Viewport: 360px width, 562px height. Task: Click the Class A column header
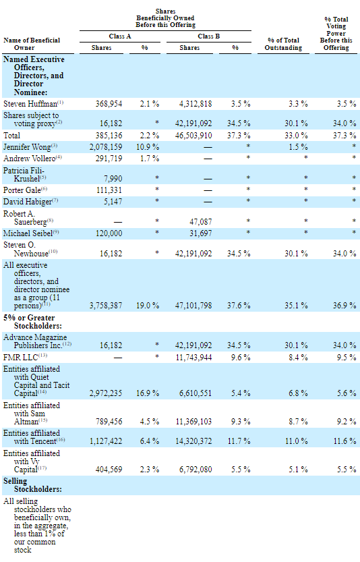[119, 36]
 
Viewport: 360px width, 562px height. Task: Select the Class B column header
[208, 36]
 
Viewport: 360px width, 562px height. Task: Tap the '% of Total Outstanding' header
[283, 44]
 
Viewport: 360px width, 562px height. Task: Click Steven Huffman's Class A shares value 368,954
[109, 104]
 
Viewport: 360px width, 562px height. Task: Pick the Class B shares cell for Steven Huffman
[196, 104]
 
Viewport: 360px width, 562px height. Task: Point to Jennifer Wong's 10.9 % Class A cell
[148, 147]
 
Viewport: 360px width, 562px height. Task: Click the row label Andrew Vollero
[32, 159]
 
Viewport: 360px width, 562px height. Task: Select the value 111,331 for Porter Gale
[109, 190]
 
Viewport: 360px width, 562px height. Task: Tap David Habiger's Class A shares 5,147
[113, 202]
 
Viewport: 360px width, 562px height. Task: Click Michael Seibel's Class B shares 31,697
[201, 233]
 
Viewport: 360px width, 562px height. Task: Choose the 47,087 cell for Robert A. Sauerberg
[201, 222]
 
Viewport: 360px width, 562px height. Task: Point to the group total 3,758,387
[106, 306]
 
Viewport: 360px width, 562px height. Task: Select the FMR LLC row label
[25, 358]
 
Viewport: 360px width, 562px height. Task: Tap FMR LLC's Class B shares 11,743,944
[193, 358]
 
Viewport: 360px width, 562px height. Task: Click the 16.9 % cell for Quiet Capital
[148, 393]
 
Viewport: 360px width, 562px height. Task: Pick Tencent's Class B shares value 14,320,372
[193, 441]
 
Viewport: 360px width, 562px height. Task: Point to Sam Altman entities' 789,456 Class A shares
[109, 422]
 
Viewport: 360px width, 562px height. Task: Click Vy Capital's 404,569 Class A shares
[109, 469]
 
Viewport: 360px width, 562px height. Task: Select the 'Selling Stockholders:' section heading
[32, 485]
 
